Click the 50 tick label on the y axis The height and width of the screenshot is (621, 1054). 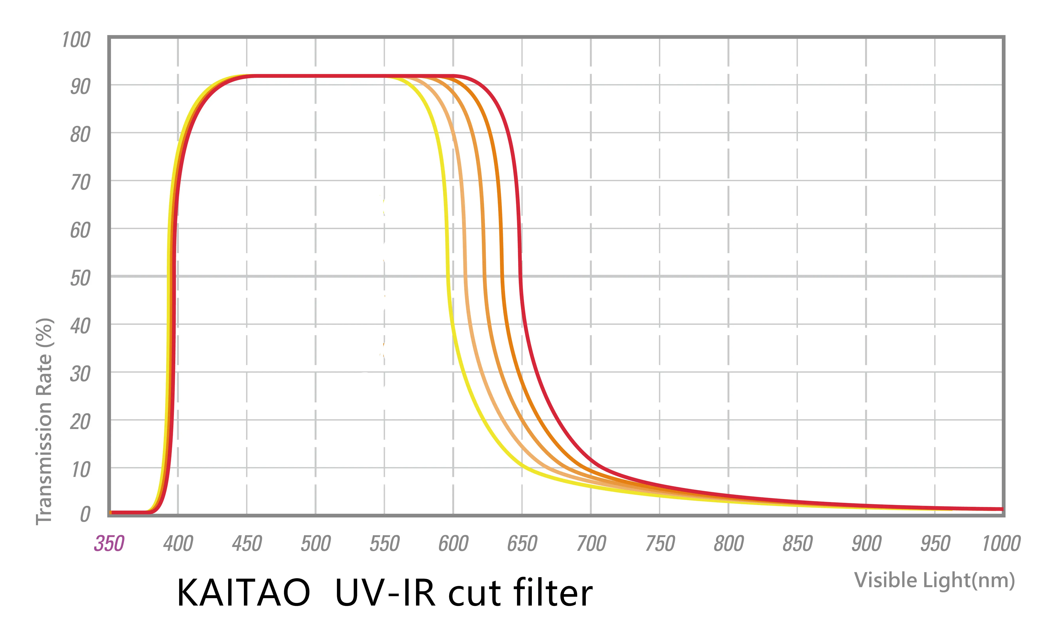click(80, 278)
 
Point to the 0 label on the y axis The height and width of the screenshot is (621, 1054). click(85, 514)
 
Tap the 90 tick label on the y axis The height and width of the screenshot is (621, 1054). click(80, 87)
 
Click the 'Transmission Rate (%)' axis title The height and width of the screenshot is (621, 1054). click(44, 421)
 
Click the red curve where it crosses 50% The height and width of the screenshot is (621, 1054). click(520, 276)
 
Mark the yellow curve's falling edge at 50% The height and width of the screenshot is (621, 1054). click(447, 276)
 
